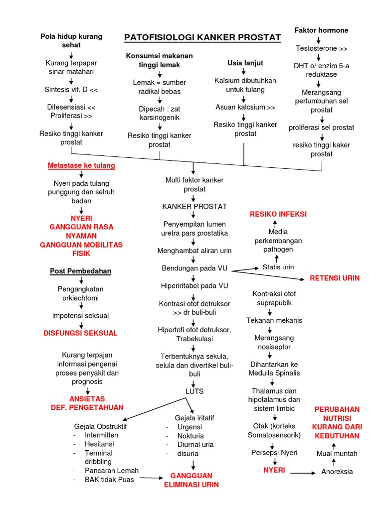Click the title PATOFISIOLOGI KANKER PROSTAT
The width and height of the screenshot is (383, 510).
202,38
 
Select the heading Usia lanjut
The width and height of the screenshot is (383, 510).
245,63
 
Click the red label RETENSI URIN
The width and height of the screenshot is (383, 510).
335,277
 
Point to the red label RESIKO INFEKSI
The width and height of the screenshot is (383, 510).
278,214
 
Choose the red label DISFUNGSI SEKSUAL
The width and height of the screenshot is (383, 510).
81,333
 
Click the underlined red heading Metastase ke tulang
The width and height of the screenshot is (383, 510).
81,165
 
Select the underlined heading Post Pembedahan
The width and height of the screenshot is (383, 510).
81,271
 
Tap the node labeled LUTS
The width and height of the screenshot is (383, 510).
194,391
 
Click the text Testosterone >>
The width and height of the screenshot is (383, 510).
322,49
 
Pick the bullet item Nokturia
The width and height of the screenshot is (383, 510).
191,436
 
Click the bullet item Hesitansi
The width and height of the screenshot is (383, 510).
99,444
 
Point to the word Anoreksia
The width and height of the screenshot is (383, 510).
337,472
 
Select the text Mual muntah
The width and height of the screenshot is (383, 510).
337,453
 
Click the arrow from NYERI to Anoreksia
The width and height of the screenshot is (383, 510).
303,472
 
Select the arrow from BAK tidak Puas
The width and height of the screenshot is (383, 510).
152,479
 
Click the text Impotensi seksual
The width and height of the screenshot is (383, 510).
80,315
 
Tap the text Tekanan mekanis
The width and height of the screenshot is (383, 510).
274,320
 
